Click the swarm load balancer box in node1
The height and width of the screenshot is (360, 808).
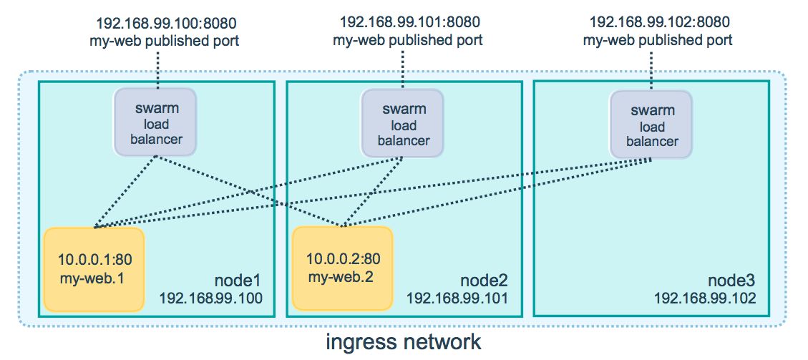point(155,122)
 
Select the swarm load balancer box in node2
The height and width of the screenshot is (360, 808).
point(402,122)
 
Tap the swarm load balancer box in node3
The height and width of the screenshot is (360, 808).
point(651,124)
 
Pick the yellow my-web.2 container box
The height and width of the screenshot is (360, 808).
point(343,268)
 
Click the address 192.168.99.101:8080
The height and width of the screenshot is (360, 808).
point(409,22)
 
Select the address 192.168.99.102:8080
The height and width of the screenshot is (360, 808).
point(660,22)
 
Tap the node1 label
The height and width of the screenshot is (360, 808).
point(238,281)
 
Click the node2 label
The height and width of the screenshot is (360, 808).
point(485,281)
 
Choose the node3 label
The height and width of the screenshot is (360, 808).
point(732,281)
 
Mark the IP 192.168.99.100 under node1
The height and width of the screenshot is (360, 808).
point(211,298)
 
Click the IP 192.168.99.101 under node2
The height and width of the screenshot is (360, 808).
point(457,298)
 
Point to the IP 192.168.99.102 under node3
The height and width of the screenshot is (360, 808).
point(706,298)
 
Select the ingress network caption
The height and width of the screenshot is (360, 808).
point(404,342)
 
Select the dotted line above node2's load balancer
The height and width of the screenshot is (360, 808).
point(402,69)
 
